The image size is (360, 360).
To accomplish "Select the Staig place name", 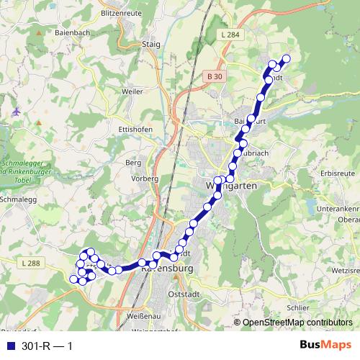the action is (x=150, y=44).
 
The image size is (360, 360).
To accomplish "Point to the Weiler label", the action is (x=132, y=91).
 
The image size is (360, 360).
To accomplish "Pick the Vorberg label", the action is (x=145, y=178).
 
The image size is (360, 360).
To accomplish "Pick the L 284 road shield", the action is (x=231, y=35).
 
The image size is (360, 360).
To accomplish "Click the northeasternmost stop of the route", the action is (x=286, y=59).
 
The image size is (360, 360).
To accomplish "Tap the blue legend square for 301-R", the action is (x=9, y=346).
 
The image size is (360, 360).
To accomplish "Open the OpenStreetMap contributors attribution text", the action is (x=297, y=323).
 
